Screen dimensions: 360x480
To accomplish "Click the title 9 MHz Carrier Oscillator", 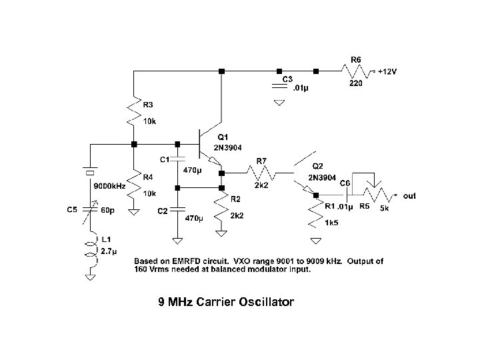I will point(225,302).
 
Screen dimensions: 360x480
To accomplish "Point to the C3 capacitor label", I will point(287,79).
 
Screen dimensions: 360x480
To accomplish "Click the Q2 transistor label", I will point(317,166).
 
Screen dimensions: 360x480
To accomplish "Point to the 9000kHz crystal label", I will point(109,186).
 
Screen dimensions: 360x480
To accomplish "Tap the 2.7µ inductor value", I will point(109,251).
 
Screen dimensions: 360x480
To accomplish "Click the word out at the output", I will point(409,196).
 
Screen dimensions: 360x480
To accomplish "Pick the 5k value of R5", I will point(385,208).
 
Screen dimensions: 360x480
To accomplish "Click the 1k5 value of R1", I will point(331,222).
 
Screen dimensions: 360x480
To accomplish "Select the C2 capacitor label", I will point(162,211).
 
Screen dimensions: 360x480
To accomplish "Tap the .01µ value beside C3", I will point(301,87).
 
